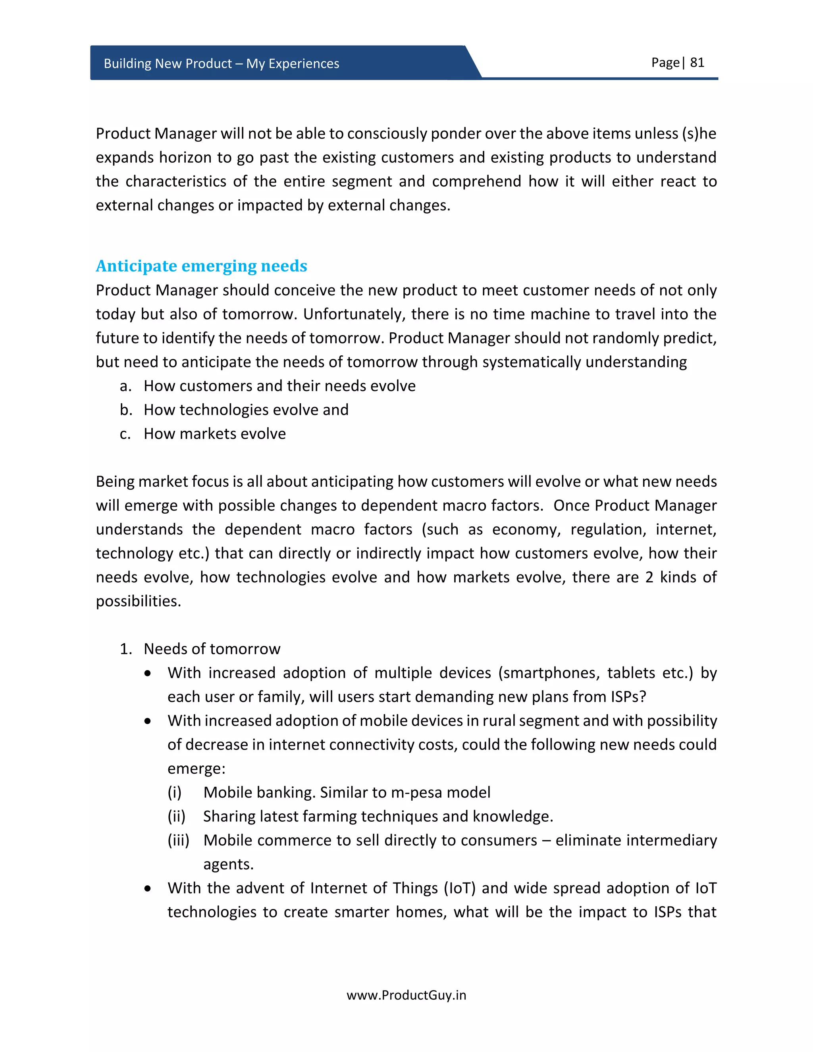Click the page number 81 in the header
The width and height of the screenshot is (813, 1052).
697,63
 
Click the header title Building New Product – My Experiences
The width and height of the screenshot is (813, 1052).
221,64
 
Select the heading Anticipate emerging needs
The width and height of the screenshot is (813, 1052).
201,266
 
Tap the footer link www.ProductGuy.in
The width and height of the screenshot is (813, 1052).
406,995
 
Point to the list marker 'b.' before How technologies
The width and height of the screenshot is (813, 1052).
126,410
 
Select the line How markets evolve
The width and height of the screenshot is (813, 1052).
214,434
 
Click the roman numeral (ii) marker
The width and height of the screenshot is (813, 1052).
176,817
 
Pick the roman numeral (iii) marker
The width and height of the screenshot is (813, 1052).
178,840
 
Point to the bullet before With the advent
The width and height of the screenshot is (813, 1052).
148,888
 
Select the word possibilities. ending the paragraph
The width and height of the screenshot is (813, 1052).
138,601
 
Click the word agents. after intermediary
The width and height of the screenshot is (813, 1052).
228,865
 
